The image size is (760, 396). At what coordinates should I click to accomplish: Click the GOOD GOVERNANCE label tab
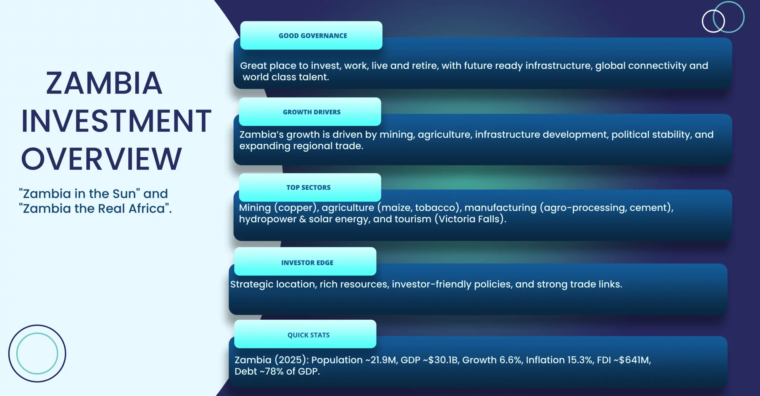tap(311, 35)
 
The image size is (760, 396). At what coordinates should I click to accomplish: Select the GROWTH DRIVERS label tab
tap(310, 112)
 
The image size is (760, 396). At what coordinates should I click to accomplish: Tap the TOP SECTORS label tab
tap(310, 187)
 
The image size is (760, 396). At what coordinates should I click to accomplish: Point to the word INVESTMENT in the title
tap(116, 121)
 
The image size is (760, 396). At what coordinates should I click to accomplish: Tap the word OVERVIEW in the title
tap(101, 159)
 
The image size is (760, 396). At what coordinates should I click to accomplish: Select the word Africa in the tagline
tap(147, 209)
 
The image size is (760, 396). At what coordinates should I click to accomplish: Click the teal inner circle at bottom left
tap(37, 333)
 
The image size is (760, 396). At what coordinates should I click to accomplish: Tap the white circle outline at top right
tap(702, 21)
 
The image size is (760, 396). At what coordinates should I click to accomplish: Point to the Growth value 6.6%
tap(511, 360)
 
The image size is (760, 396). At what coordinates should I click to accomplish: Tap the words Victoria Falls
tap(470, 219)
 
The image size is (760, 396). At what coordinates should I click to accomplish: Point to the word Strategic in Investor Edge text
tap(252, 285)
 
